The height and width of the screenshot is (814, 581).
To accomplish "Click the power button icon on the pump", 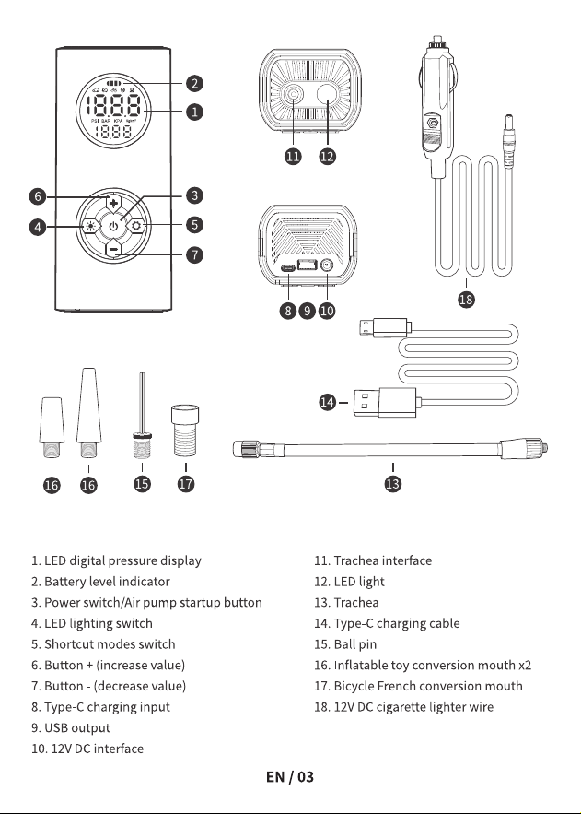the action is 113,226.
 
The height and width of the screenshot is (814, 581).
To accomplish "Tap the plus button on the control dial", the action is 113,203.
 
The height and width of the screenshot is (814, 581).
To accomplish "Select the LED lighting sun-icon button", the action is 91,227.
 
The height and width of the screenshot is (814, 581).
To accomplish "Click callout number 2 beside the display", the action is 194,83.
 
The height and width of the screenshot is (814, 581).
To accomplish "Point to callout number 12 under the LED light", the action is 327,157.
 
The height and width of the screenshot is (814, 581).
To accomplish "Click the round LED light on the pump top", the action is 327,95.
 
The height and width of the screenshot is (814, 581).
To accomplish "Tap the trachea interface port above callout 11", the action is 294,95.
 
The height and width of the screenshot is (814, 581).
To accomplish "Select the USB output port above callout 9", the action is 308,265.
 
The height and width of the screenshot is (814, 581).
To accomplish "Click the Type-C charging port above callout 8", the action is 288,268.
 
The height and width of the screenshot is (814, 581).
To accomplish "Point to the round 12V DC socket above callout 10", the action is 327,265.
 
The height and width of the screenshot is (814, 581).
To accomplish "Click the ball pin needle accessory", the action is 142,416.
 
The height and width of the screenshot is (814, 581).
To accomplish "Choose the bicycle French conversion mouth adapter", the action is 185,431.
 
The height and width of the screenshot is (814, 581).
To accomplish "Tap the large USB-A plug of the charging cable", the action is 386,402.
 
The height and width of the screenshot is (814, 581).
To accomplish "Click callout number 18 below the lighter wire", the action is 466,299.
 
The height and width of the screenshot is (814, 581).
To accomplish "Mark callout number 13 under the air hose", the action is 393,484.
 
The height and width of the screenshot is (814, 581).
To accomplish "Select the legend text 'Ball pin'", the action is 355,644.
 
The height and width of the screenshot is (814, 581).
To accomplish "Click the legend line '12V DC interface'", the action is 87,749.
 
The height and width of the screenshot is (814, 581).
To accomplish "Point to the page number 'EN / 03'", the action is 290,776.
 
